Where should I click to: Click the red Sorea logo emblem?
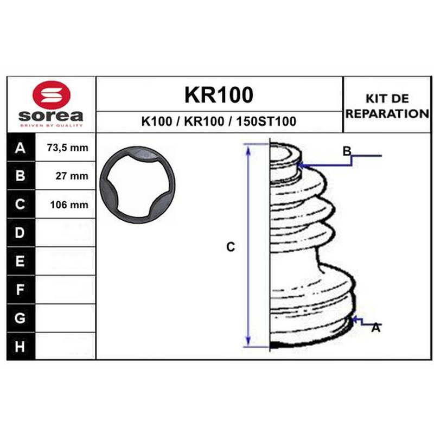pos(52,95)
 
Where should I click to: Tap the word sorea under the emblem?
pos(50,116)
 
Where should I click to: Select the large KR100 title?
pos(219,95)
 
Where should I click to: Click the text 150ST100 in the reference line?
pos(266,121)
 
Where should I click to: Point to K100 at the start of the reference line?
pos(157,121)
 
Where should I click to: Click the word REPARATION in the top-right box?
pos(387,113)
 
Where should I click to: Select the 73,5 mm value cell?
pos(65,148)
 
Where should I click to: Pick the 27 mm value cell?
pos(65,176)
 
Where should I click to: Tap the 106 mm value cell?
pos(65,205)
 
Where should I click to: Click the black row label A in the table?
pos(21,148)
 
